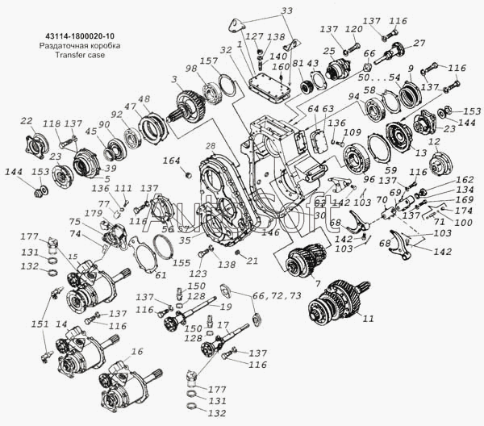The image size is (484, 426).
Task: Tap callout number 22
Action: click(x=27, y=120)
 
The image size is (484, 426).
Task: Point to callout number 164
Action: click(x=171, y=160)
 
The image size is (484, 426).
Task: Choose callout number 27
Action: click(x=419, y=43)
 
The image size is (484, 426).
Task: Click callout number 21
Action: click(x=252, y=260)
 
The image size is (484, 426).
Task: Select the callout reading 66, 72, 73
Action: click(x=277, y=296)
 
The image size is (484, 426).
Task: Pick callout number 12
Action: click(x=435, y=141)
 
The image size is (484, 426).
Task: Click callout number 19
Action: click(x=228, y=307)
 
